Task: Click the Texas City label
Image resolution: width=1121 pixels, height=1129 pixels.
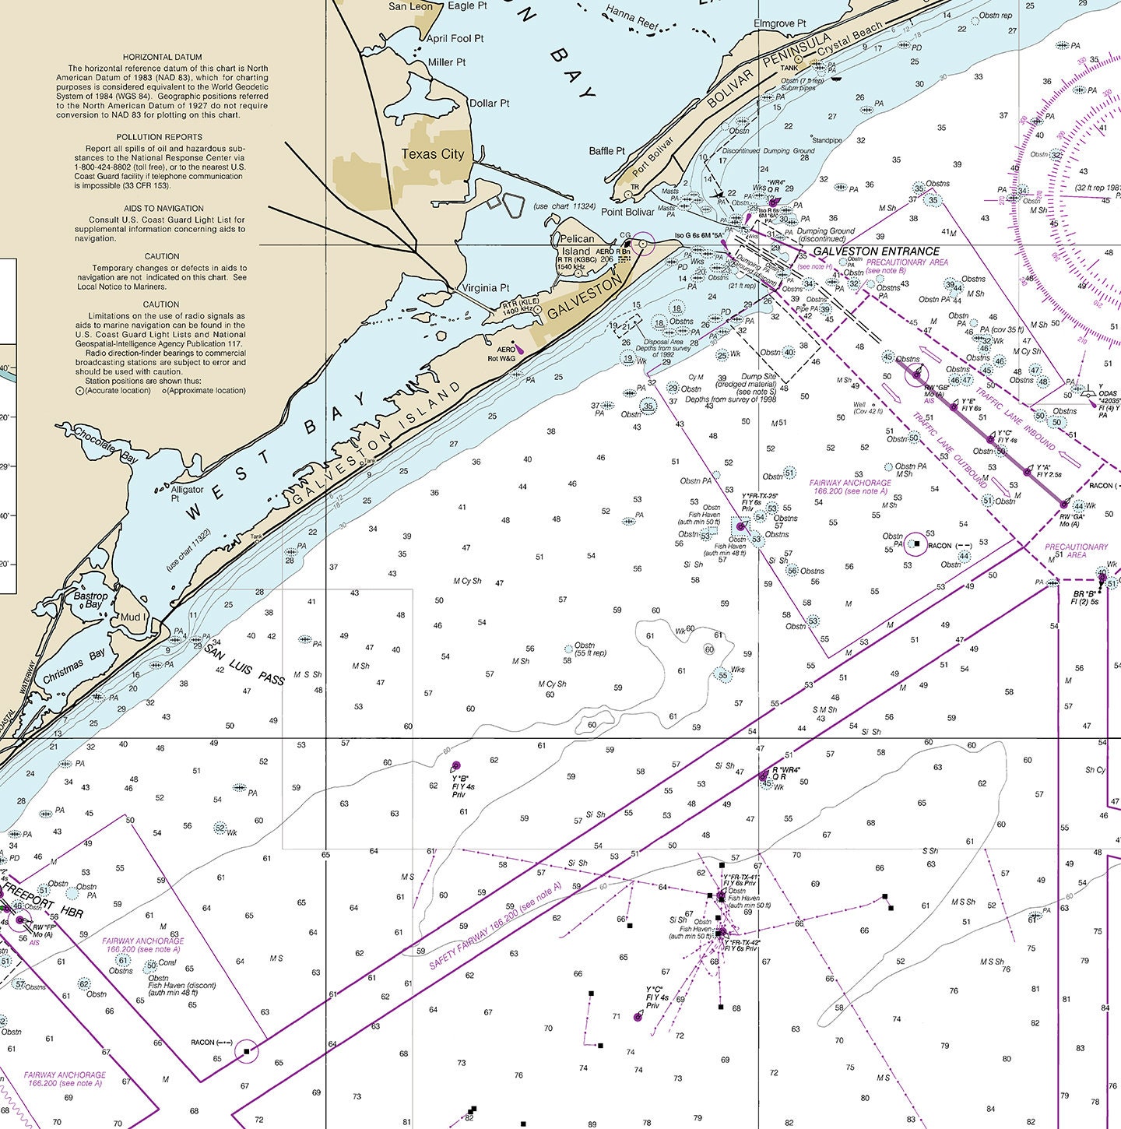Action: click(x=432, y=154)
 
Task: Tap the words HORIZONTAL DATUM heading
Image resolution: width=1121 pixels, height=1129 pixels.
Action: click(x=162, y=58)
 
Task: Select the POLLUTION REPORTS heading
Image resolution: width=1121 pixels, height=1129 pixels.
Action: click(x=162, y=137)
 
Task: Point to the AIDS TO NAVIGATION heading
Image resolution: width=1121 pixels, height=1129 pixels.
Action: click(x=163, y=209)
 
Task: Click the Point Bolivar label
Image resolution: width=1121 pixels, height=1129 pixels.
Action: click(x=627, y=212)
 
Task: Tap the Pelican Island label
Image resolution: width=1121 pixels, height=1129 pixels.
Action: click(x=577, y=245)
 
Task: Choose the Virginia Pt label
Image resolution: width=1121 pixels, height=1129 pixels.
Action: click(x=486, y=288)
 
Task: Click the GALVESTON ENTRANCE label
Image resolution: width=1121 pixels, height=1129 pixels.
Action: click(x=876, y=251)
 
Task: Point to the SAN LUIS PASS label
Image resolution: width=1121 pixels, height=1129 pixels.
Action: click(x=245, y=666)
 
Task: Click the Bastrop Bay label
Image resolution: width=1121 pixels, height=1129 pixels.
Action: click(x=91, y=600)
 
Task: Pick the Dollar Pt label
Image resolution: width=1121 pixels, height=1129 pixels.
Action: click(x=489, y=104)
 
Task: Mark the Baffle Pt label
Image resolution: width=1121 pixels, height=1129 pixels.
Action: click(x=606, y=151)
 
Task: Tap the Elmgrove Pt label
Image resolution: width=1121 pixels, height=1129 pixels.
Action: click(x=779, y=24)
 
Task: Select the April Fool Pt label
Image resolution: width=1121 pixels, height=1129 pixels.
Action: click(x=455, y=38)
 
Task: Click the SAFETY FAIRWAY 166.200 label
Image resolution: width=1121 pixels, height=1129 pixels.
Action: click(x=495, y=927)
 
